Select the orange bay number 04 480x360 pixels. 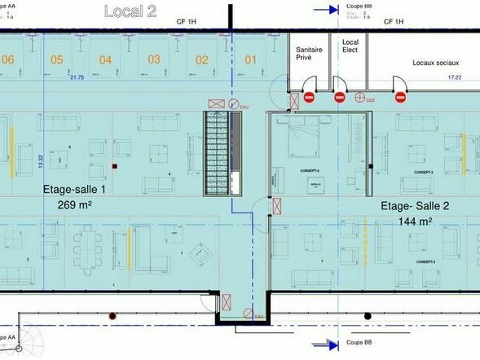(x=106, y=59)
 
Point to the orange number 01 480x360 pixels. (x=251, y=59)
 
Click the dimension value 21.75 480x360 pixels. (x=77, y=77)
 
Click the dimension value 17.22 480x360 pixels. (x=455, y=77)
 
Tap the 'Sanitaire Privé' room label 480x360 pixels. (x=310, y=54)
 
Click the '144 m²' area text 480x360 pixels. (x=416, y=221)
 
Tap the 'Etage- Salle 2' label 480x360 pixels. (x=416, y=207)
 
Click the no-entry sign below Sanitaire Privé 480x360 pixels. (x=310, y=97)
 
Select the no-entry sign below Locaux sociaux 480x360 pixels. (x=400, y=97)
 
